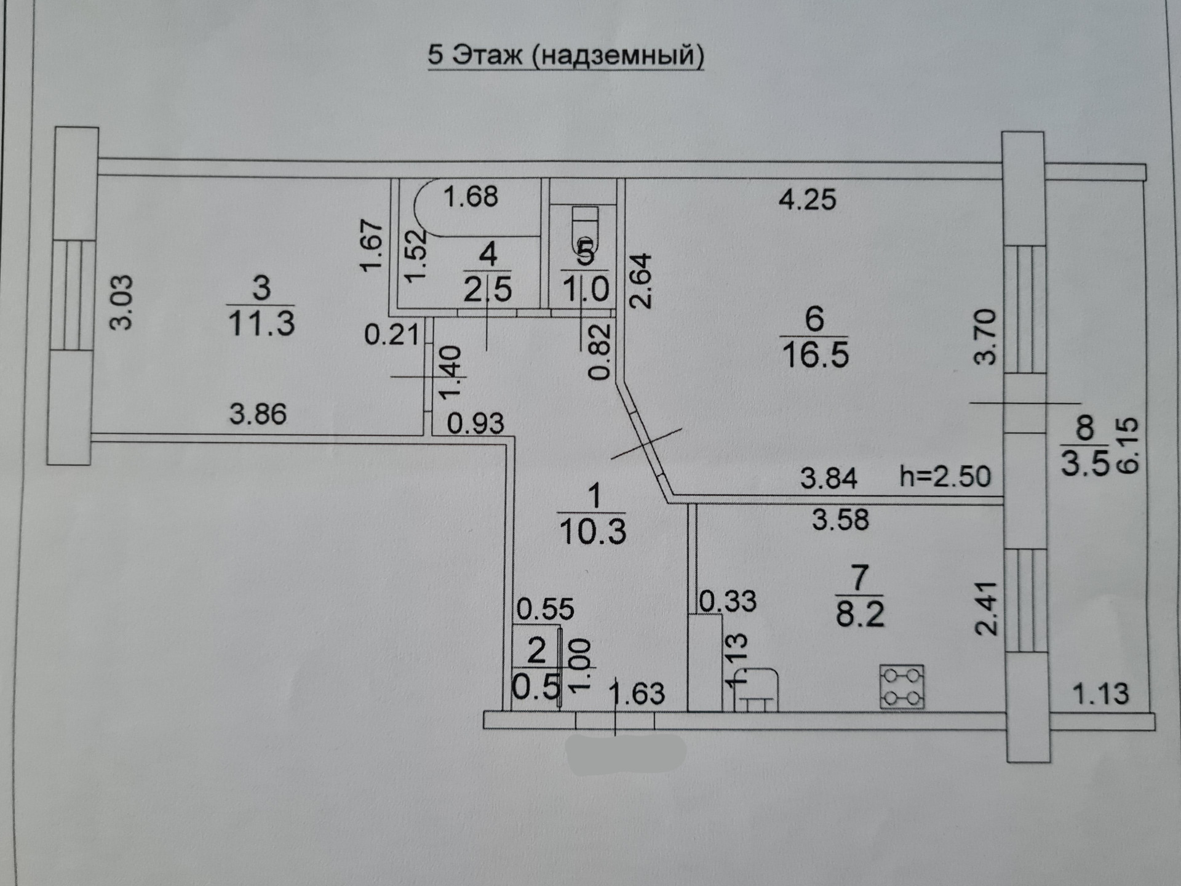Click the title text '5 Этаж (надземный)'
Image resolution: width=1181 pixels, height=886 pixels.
point(566,55)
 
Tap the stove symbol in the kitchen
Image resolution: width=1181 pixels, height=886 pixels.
point(902,687)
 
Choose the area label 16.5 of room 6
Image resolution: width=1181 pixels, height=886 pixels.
point(815,355)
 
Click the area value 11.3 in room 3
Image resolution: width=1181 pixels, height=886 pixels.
point(261,322)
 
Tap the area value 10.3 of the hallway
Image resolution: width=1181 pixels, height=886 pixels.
point(592,532)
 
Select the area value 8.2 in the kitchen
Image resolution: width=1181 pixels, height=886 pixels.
point(860,613)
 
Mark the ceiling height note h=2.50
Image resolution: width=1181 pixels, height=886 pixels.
point(945,477)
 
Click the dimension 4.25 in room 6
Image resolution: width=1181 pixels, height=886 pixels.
point(807,200)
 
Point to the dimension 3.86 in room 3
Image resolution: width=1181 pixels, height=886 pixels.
point(258,414)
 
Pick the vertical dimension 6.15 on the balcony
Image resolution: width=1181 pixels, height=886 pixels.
point(1129,445)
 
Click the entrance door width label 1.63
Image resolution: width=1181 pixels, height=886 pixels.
point(637,693)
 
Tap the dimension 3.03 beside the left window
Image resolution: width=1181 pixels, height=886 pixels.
point(121,302)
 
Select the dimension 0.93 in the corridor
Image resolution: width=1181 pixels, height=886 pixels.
point(475,423)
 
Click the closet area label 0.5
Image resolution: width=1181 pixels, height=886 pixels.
point(536,687)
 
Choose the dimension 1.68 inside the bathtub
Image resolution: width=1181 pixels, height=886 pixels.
point(471,197)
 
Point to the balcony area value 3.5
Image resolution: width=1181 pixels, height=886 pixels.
point(1085,463)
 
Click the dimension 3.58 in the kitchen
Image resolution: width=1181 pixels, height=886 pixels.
point(840,520)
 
